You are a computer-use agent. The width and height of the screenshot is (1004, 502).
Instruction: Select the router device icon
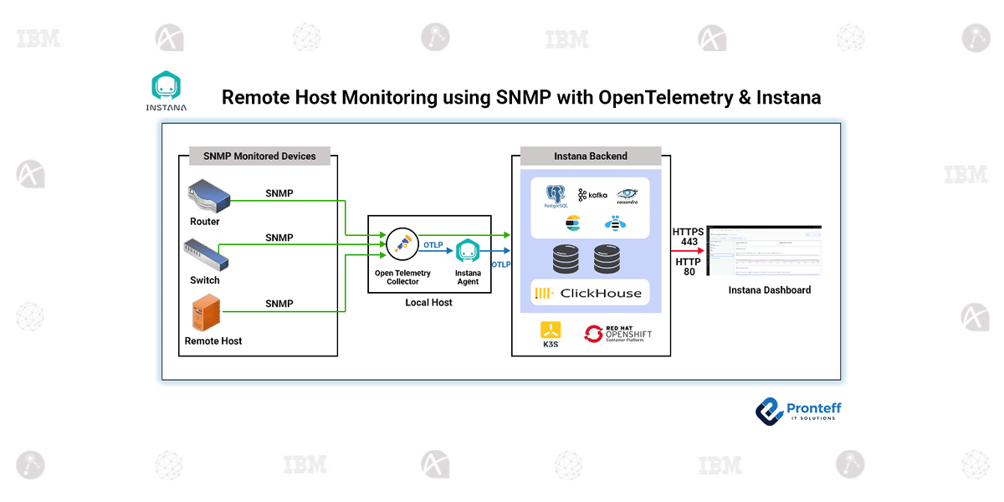pos(207,197)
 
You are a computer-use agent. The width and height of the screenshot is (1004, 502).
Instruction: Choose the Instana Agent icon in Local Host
pos(467,251)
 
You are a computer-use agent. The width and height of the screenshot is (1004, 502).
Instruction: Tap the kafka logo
pos(592,195)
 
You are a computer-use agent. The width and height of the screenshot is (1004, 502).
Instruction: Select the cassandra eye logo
pos(627,196)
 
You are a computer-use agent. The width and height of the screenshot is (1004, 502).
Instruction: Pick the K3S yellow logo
pos(551,332)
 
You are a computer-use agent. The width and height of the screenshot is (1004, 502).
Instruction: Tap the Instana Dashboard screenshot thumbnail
pos(764,250)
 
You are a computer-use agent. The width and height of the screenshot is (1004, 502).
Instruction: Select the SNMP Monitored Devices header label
pos(259,156)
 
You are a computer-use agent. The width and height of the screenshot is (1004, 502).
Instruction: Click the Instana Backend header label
pos(590,156)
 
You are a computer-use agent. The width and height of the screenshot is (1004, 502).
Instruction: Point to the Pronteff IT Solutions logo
pos(798,410)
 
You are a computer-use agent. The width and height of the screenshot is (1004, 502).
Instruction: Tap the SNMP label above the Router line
pos(279,194)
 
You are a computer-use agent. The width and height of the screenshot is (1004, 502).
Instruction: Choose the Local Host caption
pos(428,302)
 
